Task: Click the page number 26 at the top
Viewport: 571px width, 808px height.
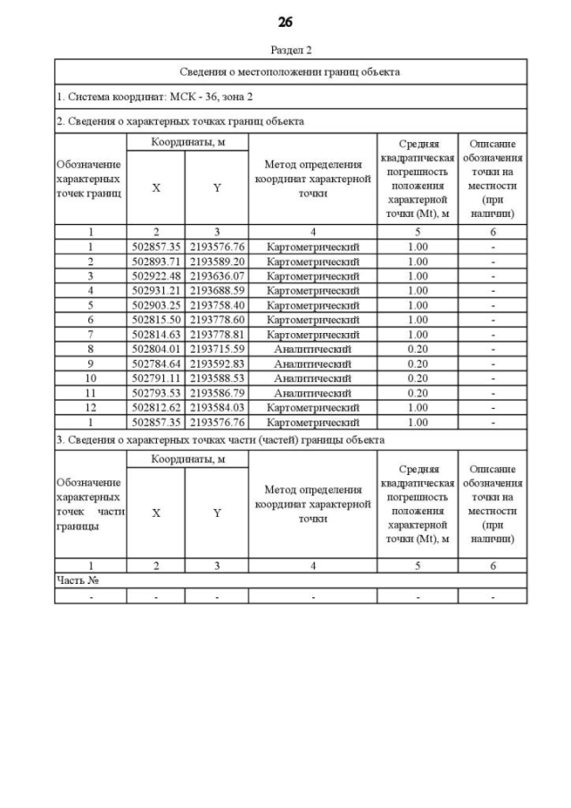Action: (285, 21)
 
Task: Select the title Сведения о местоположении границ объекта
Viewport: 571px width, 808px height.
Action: (290, 71)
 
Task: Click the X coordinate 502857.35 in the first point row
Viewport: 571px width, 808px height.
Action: (156, 246)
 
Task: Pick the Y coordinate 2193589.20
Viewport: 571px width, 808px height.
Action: (217, 262)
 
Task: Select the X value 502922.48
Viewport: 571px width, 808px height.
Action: (156, 276)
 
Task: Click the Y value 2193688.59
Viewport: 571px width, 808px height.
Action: (217, 290)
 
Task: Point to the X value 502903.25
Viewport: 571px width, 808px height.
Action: (156, 304)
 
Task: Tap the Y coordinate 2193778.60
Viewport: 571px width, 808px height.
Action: (217, 320)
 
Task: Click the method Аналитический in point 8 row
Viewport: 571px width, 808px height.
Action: (312, 348)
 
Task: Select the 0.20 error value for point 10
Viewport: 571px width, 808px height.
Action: (418, 378)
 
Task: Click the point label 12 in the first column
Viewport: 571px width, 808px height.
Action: (90, 407)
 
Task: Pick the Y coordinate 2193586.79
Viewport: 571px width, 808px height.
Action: (217, 392)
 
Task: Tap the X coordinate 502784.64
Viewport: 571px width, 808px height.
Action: (156, 363)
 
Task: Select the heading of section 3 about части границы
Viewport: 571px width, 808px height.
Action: (220, 440)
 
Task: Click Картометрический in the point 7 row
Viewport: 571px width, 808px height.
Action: (312, 334)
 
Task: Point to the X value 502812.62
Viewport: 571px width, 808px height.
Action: (156, 407)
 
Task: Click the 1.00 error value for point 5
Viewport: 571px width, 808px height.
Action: (418, 304)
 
